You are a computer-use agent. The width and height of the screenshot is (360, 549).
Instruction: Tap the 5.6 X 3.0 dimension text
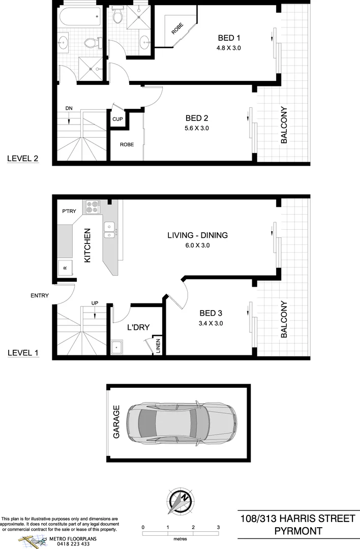(197, 128)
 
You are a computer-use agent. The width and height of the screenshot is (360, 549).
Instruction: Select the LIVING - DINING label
(197, 235)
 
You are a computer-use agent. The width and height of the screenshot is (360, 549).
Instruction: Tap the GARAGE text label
(116, 422)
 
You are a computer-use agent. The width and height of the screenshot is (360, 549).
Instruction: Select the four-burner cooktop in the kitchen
(92, 207)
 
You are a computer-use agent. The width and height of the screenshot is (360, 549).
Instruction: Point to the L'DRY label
(138, 327)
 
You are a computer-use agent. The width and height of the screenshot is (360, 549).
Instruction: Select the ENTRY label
(40, 295)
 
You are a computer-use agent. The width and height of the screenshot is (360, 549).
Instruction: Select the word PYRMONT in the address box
(297, 531)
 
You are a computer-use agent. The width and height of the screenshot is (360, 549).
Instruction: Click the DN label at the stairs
(69, 108)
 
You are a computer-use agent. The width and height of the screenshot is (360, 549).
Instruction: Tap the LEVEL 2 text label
(23, 159)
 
